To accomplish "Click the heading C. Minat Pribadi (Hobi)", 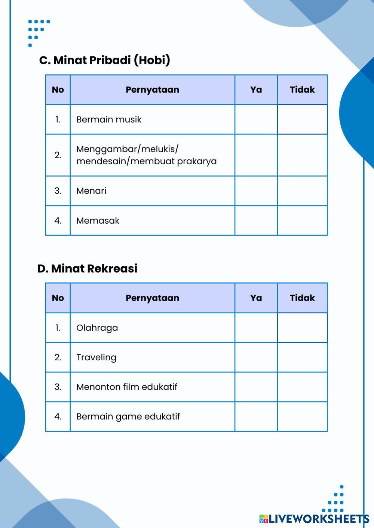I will click(x=104, y=60).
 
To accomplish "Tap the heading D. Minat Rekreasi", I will click(x=88, y=268).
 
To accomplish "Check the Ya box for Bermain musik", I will click(x=256, y=119).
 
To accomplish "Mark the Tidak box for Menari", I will click(x=302, y=191).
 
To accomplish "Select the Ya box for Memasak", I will click(x=256, y=220).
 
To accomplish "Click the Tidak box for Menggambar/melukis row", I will click(x=302, y=155).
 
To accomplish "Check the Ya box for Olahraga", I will click(x=256, y=327).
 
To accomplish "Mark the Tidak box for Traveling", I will click(x=302, y=357).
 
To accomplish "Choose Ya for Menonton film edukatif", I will click(x=256, y=387).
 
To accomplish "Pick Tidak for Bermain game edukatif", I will click(x=302, y=416).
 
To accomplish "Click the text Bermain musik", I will click(x=109, y=119).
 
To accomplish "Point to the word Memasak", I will click(x=98, y=221).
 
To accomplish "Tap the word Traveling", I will click(x=96, y=357).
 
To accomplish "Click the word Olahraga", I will click(x=97, y=328).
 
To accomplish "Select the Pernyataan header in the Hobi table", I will click(x=152, y=90).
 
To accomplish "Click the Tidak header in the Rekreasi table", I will click(x=302, y=298).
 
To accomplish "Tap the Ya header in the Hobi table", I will click(x=256, y=90).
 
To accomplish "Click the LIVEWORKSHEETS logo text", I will click(x=318, y=519).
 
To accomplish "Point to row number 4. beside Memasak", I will click(x=58, y=221).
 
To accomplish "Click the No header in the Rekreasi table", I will click(x=58, y=298).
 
